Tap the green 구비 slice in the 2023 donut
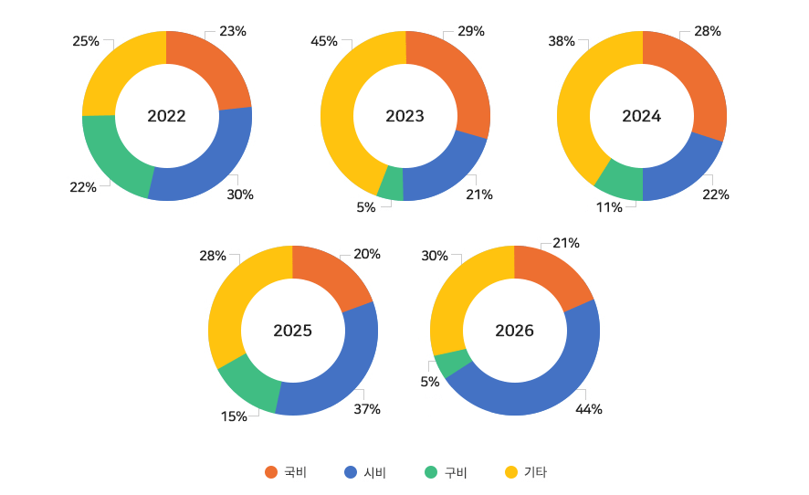pyautogui.click(x=391, y=183)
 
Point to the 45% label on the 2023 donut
pyautogui.click(x=324, y=41)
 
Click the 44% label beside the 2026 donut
pyautogui.click(x=588, y=409)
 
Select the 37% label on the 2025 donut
pyautogui.click(x=367, y=409)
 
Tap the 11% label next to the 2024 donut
pyautogui.click(x=609, y=207)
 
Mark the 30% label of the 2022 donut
pyautogui.click(x=240, y=195)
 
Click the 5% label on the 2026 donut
pyautogui.click(x=430, y=382)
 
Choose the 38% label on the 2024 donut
pyautogui.click(x=561, y=41)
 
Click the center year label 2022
pyautogui.click(x=166, y=116)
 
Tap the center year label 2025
pyautogui.click(x=292, y=331)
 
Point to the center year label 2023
pyautogui.click(x=404, y=116)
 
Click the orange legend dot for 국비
pyautogui.click(x=270, y=472)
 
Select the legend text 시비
pyautogui.click(x=375, y=472)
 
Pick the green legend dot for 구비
pyautogui.click(x=431, y=472)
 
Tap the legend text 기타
pyautogui.click(x=535, y=472)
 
